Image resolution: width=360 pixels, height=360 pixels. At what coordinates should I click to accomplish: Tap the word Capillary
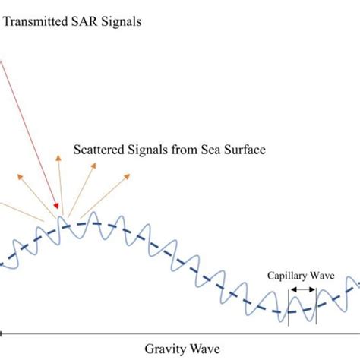(x=286, y=277)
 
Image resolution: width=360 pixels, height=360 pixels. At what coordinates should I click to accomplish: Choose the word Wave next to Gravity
(x=203, y=348)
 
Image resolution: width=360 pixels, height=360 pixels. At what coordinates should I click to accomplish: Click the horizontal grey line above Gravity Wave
(x=180, y=332)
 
